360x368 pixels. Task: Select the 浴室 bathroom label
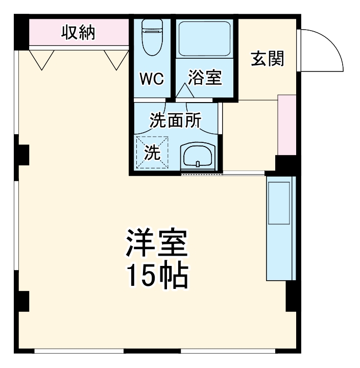tap(205, 79)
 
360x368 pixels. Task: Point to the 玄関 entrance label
tap(267, 59)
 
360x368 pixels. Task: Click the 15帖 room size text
tap(157, 276)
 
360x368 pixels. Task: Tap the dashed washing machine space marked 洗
tap(152, 152)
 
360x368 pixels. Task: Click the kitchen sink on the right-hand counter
tap(279, 202)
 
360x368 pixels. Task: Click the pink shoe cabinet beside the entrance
tap(286, 124)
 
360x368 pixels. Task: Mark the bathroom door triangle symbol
tap(185, 90)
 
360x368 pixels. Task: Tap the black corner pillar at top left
tap(21, 33)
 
